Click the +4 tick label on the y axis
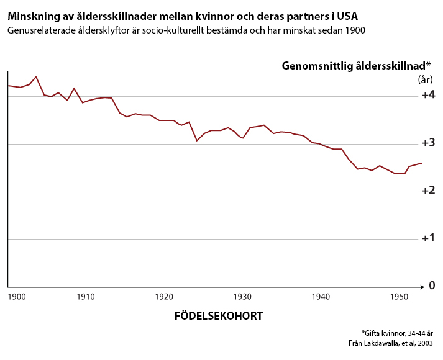coord(427,96)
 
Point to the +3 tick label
coord(427,143)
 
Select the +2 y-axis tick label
coord(427,191)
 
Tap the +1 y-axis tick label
coord(427,238)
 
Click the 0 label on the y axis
coord(431,286)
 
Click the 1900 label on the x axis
coord(17,297)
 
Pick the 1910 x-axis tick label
coord(86,297)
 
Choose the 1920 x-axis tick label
coord(164,297)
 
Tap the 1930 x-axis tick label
coord(242,297)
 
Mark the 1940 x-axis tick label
coord(321,297)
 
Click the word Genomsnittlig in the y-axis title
coord(319,65)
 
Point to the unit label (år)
coord(424,79)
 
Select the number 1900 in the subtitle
coord(353,30)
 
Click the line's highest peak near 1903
coord(36,76)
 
